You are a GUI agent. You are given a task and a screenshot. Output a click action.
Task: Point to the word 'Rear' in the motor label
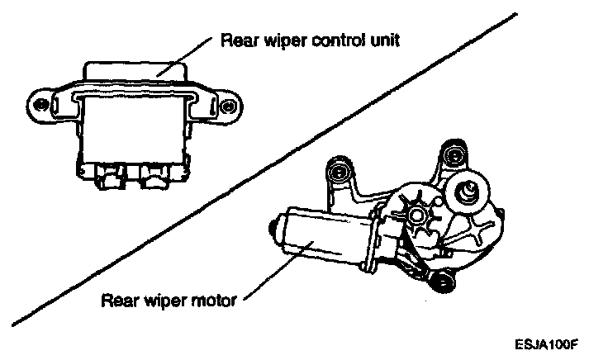(x=116, y=301)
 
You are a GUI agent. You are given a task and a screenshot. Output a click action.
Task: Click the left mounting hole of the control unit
(x=38, y=105)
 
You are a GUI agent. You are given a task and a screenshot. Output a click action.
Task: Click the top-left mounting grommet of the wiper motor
(x=336, y=172)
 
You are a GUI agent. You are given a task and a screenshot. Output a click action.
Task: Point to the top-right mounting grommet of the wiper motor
(x=450, y=155)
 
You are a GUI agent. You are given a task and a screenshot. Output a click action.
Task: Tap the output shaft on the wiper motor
(x=468, y=191)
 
